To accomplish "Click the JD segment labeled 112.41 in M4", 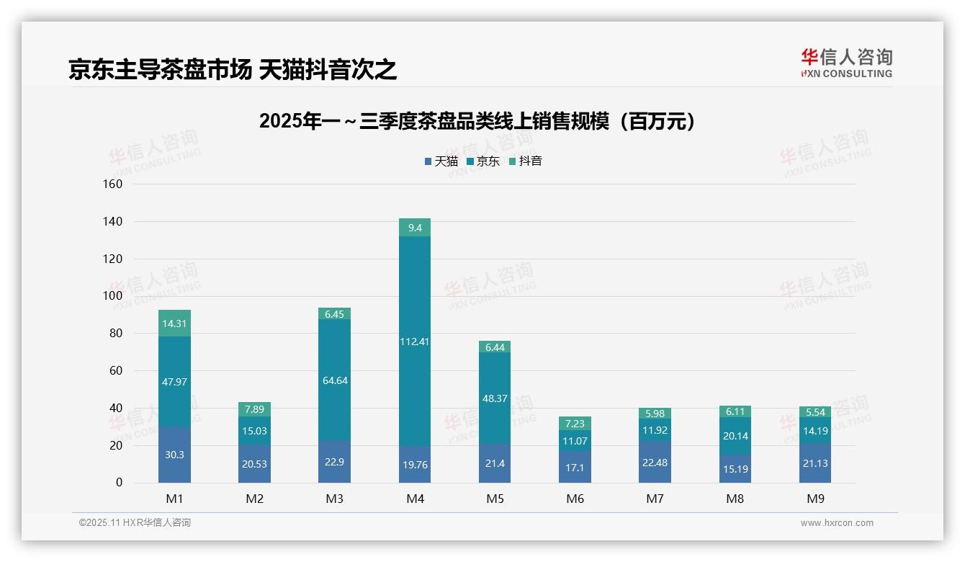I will tap(414, 342).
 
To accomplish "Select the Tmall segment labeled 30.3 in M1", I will tap(174, 455).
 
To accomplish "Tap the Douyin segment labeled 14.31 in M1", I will tap(174, 324).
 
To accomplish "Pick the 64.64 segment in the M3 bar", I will tap(334, 380).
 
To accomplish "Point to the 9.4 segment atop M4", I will tap(414, 228).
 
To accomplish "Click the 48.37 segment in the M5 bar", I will tap(494, 398).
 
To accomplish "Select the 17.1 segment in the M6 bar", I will tap(574, 467).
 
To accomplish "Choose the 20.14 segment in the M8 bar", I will tap(734, 436).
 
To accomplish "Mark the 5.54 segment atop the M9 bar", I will tap(814, 412).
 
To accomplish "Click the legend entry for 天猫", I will tap(441, 161).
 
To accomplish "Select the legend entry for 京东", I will tap(483, 161).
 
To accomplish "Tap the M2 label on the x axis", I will tap(254, 499).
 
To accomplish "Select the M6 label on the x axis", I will tap(574, 499).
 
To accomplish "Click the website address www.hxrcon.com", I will tap(836, 523).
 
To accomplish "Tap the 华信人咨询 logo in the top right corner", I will tap(846, 63).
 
